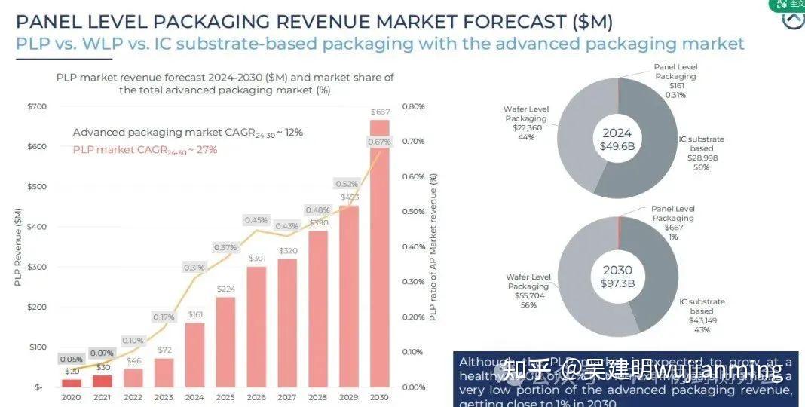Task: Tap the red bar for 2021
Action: coord(102,381)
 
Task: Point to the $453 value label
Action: coord(349,197)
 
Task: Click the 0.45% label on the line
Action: coord(256,220)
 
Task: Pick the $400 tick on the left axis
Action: coord(35,227)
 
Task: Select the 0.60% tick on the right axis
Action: coord(414,176)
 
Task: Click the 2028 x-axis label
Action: coord(317,397)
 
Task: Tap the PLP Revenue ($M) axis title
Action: coord(17,247)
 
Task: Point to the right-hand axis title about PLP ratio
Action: coord(433,247)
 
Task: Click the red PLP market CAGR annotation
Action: coord(145,150)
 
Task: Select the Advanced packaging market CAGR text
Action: coord(188,133)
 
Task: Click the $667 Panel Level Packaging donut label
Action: coord(673,228)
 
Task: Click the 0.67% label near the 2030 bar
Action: coord(378,142)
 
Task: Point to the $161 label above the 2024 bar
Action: coord(195,314)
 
